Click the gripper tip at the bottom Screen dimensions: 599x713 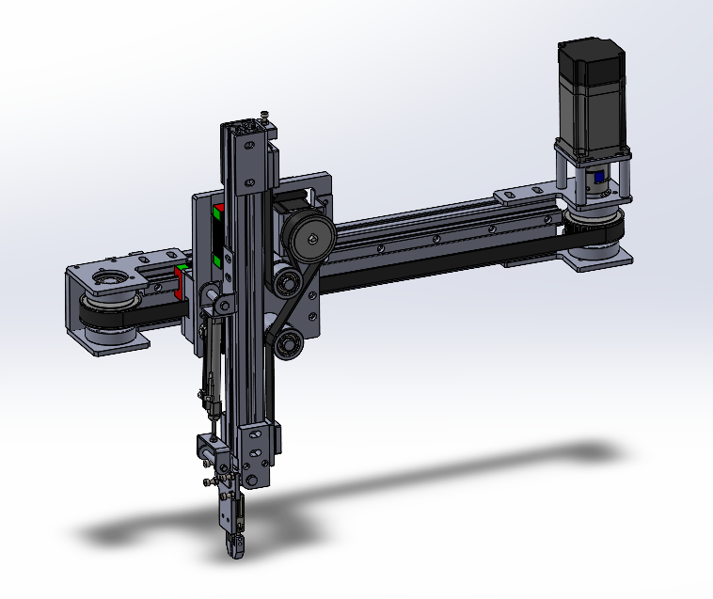(x=235, y=546)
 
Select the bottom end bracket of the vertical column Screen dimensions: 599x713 (x=258, y=456)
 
